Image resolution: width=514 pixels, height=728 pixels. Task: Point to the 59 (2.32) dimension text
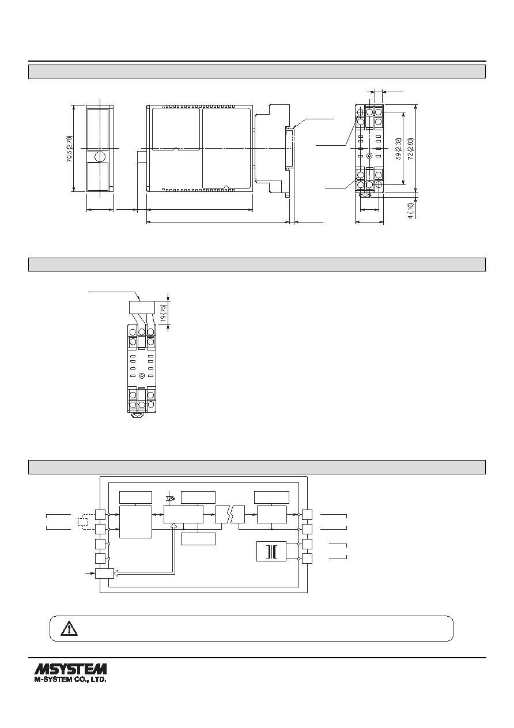coord(399,149)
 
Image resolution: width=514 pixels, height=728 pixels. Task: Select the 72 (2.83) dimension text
coord(411,149)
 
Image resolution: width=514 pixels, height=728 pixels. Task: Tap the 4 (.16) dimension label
coord(411,210)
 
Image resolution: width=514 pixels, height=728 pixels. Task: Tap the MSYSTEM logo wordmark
coord(70,669)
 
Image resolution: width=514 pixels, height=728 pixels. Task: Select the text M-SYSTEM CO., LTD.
coord(70,679)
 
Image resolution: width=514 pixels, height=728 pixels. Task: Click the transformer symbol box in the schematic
coord(271,551)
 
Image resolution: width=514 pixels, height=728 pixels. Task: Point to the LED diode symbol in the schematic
coord(169,498)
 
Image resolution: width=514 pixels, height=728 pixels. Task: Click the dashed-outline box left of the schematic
coord(83,522)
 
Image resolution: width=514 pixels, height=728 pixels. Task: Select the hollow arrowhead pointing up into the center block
coord(174,526)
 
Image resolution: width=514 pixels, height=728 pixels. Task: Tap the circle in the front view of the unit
coord(100,157)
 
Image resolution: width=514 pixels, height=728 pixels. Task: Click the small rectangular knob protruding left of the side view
coord(142,157)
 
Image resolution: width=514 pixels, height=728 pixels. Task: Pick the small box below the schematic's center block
coord(198,539)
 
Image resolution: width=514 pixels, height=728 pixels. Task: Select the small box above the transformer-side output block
coord(271,497)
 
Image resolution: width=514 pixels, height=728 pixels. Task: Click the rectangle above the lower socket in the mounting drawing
coord(141,307)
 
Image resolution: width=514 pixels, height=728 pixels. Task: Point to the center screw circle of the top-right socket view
coord(369,156)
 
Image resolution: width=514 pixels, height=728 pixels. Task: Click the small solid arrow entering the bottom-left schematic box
coord(90,574)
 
